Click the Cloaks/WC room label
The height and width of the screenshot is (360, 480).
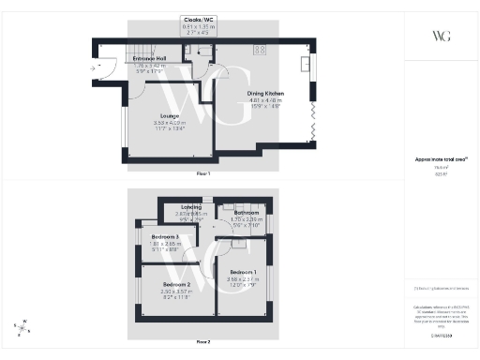(198, 20)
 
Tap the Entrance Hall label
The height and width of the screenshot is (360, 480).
(149, 58)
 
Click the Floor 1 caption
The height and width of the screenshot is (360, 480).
(202, 174)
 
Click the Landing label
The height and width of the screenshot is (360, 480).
(191, 206)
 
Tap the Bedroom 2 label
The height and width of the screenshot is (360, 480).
(176, 283)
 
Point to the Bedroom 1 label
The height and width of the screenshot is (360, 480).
(244, 272)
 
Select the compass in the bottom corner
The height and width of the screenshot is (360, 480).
(22, 325)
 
